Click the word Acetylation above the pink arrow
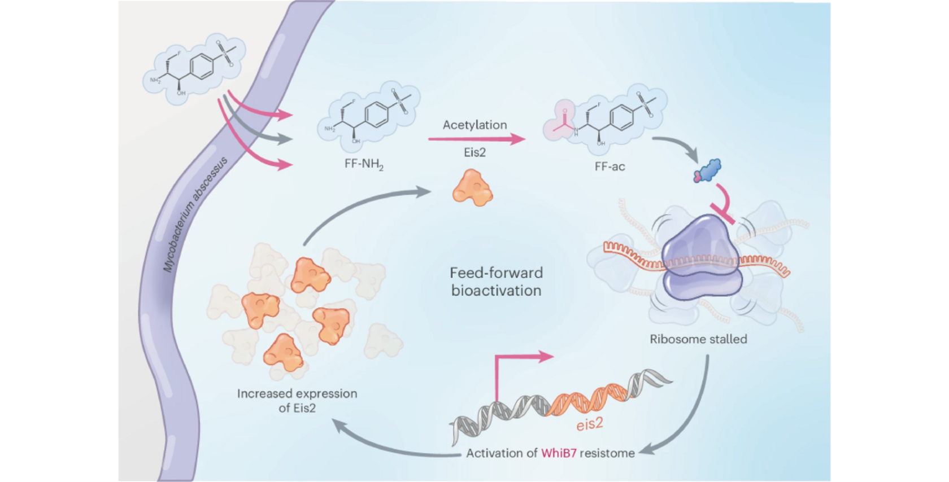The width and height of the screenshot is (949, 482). click(474, 125)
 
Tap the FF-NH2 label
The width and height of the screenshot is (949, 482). click(364, 165)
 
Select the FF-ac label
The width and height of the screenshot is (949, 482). click(610, 166)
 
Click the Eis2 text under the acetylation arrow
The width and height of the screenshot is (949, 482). click(474, 152)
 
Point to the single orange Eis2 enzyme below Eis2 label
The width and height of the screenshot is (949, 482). click(473, 187)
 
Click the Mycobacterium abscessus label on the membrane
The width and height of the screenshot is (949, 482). click(195, 214)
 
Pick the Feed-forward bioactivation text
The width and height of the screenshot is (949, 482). click(496, 282)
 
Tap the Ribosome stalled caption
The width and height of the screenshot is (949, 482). click(698, 339)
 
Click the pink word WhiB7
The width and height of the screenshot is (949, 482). click(559, 453)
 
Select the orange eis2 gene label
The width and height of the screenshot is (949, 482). click(589, 424)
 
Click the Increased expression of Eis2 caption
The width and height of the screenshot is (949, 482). click(297, 401)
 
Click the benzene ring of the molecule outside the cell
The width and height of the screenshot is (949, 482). click(202, 65)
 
